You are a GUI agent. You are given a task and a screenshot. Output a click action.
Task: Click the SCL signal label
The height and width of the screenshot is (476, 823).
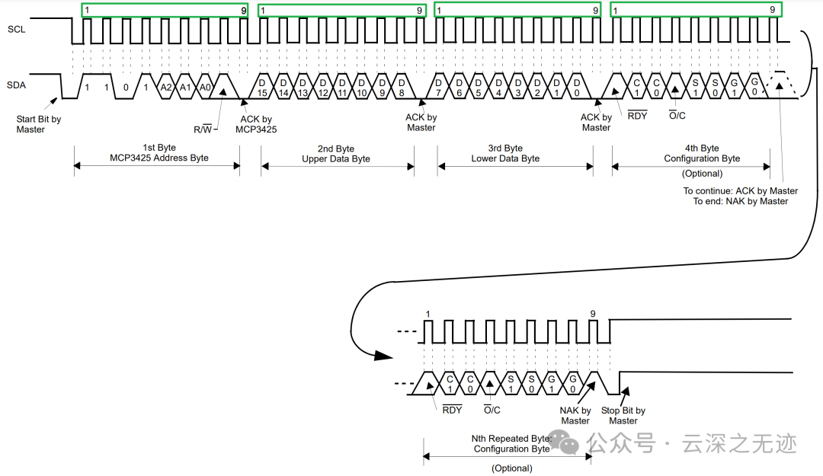click(16, 30)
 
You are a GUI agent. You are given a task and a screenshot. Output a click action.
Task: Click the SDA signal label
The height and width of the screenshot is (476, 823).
click(16, 85)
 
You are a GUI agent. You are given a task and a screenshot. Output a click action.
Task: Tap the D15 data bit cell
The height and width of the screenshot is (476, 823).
click(262, 88)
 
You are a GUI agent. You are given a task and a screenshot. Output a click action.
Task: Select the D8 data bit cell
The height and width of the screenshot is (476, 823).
click(402, 88)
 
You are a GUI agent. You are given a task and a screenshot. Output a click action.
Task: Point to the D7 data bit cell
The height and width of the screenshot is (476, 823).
click(438, 88)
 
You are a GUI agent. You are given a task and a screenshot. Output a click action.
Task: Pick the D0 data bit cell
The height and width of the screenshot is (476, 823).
click(577, 88)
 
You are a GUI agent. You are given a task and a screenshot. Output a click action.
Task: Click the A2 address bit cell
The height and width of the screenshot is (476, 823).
click(166, 87)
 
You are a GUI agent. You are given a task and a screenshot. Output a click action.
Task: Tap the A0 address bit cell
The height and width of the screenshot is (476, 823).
click(205, 87)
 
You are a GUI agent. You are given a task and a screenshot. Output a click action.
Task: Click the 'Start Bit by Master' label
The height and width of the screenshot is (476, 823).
click(38, 124)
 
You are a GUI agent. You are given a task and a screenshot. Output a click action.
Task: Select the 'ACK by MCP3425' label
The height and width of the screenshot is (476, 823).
click(256, 124)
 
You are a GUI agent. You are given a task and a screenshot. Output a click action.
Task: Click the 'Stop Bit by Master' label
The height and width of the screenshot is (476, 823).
click(623, 416)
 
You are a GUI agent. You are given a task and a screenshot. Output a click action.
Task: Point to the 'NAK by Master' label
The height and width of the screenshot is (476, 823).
click(575, 416)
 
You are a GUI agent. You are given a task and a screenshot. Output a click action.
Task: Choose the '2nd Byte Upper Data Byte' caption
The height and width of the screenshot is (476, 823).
click(336, 154)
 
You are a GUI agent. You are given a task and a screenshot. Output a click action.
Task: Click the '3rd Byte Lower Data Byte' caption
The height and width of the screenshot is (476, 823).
click(505, 153)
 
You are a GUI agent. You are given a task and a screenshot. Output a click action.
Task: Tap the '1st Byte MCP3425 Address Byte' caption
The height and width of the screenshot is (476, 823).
click(159, 153)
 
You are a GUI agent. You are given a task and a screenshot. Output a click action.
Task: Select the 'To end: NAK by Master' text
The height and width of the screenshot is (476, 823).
click(741, 201)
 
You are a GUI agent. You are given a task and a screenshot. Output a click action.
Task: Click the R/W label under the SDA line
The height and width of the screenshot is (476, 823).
click(203, 129)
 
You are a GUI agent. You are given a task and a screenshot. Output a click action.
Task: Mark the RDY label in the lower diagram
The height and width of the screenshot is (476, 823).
click(452, 410)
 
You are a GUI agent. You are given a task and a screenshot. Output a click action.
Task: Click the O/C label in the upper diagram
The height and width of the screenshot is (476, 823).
click(677, 116)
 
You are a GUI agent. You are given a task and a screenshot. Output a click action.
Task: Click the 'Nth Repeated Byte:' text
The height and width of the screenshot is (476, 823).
click(511, 438)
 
